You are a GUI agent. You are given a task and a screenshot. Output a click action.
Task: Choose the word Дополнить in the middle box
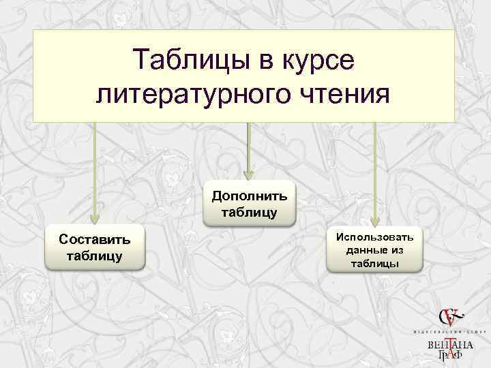(249, 196)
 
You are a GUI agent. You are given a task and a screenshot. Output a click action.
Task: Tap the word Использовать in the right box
(375, 236)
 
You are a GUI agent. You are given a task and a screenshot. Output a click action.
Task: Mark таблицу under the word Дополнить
(249, 213)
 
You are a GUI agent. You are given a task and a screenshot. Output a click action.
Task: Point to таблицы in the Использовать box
(375, 263)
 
